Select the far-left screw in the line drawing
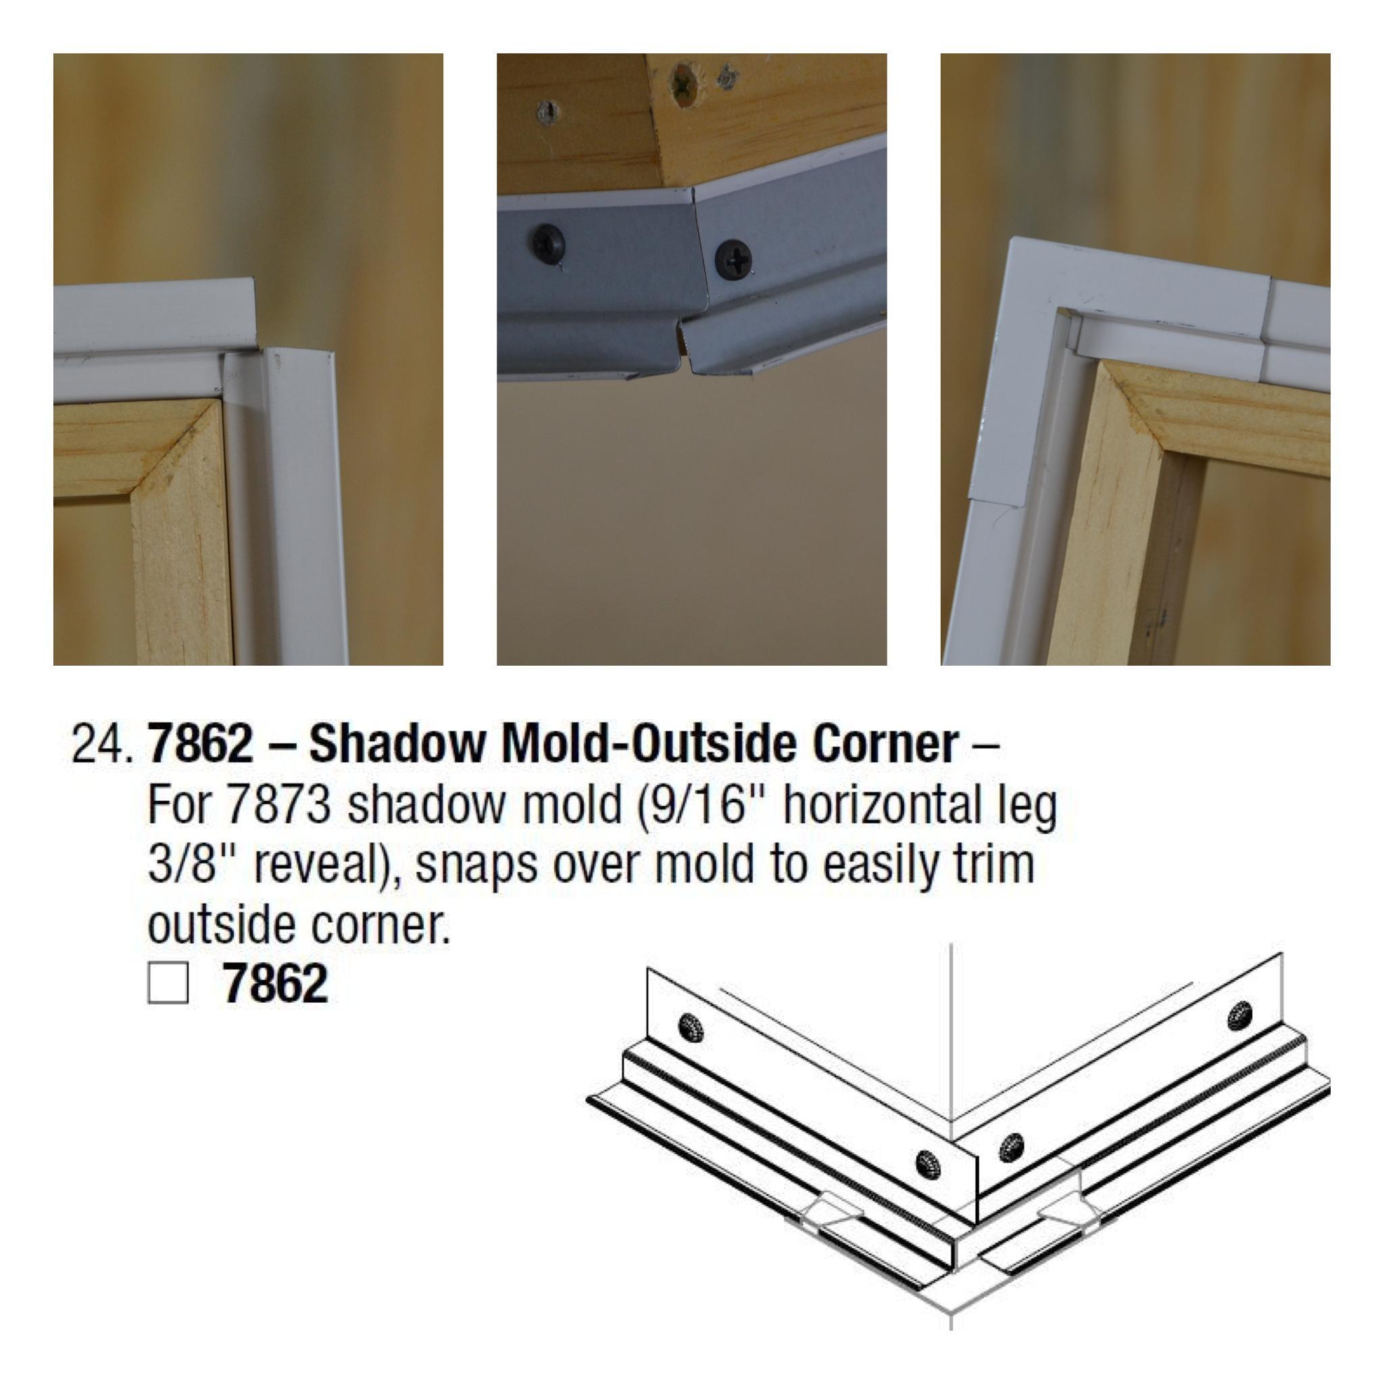[x=691, y=1029]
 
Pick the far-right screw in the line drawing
[x=1239, y=1016]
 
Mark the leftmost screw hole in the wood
[x=547, y=112]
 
